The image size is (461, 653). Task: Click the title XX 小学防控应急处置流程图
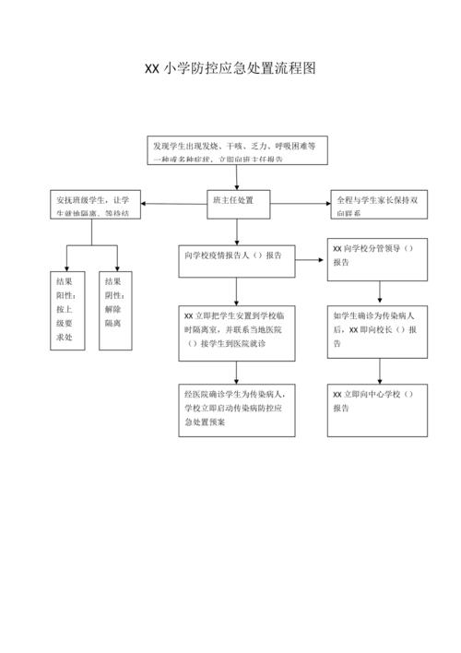(230, 69)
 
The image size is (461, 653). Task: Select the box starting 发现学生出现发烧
(238, 150)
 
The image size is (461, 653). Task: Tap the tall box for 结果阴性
(116, 311)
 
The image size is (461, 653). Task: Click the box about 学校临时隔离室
(238, 333)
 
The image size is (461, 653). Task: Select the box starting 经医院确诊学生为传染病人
(238, 410)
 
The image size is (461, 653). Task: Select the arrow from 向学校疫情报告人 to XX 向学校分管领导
(312, 260)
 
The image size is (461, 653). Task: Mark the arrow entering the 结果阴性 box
(116, 258)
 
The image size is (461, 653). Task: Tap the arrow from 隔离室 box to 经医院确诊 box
(238, 372)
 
